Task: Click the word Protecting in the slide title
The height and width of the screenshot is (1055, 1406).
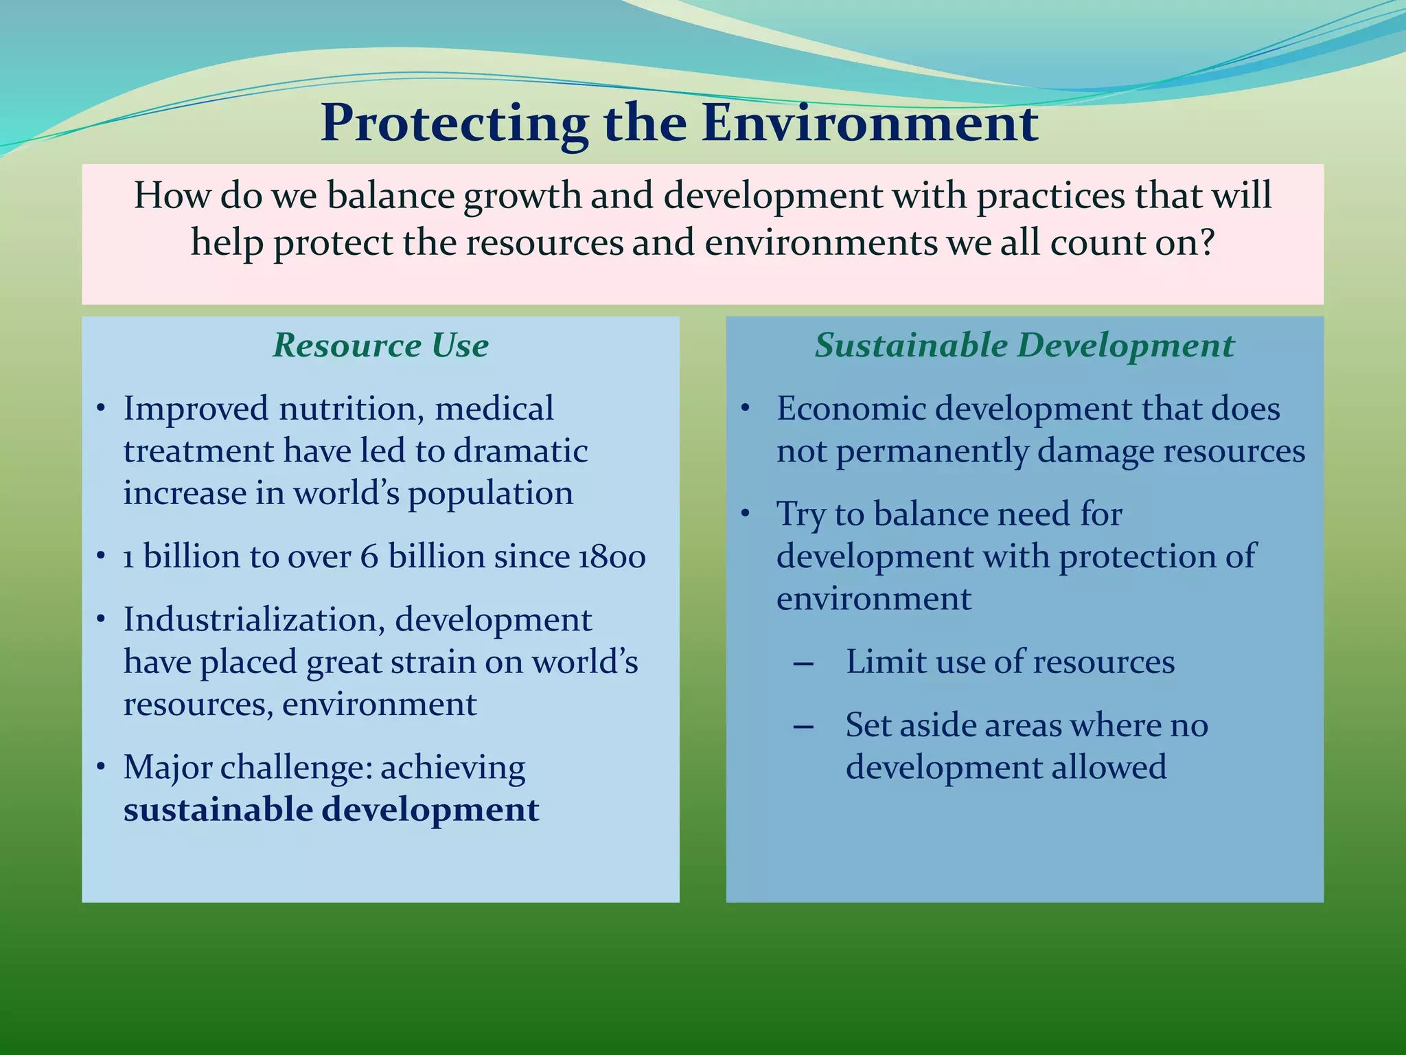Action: (x=454, y=124)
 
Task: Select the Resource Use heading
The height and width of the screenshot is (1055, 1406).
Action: (x=380, y=345)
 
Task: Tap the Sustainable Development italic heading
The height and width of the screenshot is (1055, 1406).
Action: (x=1024, y=345)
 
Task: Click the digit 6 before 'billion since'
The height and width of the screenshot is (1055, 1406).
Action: (x=369, y=556)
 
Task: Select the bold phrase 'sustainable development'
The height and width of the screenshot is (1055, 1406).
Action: (x=331, y=809)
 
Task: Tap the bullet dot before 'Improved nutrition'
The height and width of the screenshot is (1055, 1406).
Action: (x=101, y=409)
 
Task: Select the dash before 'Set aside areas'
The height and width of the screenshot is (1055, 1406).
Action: (x=803, y=727)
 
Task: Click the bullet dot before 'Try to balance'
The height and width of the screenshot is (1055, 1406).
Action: (x=746, y=514)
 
